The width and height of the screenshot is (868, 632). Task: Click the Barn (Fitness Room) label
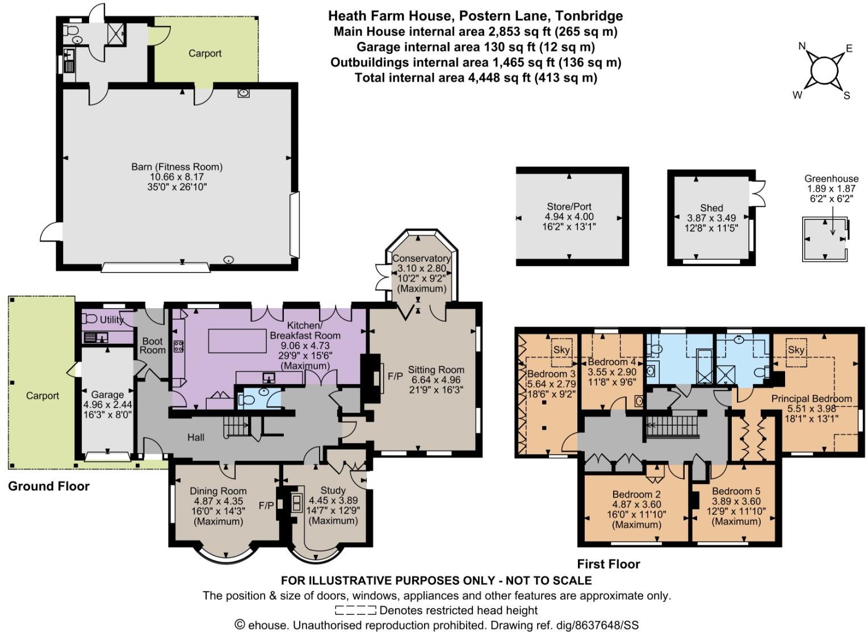click(177, 167)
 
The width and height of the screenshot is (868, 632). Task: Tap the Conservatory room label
click(421, 259)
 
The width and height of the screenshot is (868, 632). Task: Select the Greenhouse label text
click(831, 178)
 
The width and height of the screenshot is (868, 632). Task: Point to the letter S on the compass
click(846, 95)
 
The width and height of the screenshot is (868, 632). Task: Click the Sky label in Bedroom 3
click(561, 350)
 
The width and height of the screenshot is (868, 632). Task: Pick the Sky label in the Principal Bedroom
click(796, 350)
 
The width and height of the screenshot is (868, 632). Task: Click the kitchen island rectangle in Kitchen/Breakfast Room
click(238, 340)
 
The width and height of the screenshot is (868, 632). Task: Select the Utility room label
click(112, 319)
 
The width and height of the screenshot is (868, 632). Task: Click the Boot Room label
click(152, 346)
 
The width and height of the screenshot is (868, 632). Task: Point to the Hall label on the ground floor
click(196, 437)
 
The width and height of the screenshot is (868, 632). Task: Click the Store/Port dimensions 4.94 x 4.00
click(569, 217)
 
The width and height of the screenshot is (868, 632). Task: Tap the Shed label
click(711, 208)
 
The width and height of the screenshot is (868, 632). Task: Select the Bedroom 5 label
click(736, 491)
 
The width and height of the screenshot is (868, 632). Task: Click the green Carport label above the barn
click(205, 53)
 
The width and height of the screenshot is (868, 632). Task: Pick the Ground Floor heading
click(49, 486)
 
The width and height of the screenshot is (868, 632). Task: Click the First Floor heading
click(608, 564)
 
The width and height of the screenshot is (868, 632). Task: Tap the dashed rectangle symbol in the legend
click(355, 611)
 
